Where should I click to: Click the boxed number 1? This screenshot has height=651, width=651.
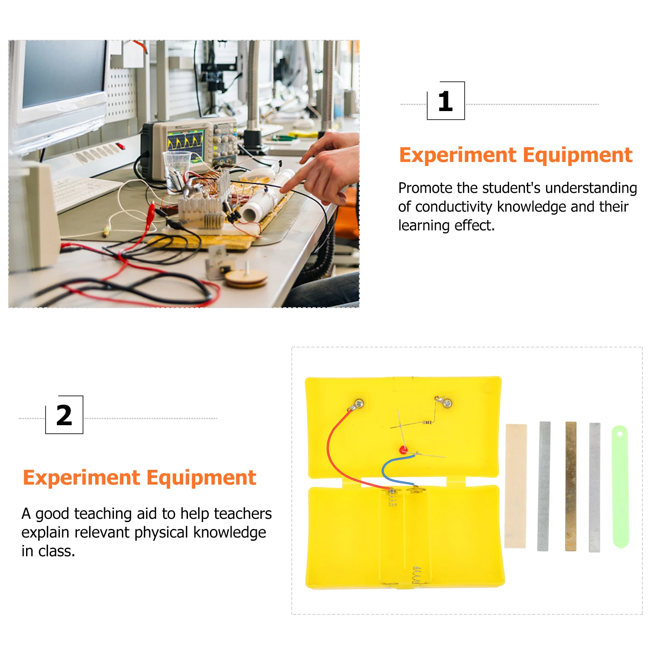click(446, 101)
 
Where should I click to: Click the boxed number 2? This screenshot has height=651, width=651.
click(64, 415)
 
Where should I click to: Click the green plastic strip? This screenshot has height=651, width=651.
click(620, 486)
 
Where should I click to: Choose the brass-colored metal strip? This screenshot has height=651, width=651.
click(571, 486)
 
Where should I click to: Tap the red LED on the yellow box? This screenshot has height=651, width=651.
click(403, 450)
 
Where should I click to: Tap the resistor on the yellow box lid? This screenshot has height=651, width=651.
click(427, 423)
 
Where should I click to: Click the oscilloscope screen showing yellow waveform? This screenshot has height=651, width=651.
click(186, 142)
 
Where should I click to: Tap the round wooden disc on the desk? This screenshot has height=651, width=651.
click(246, 278)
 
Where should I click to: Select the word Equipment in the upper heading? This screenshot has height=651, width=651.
click(577, 155)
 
